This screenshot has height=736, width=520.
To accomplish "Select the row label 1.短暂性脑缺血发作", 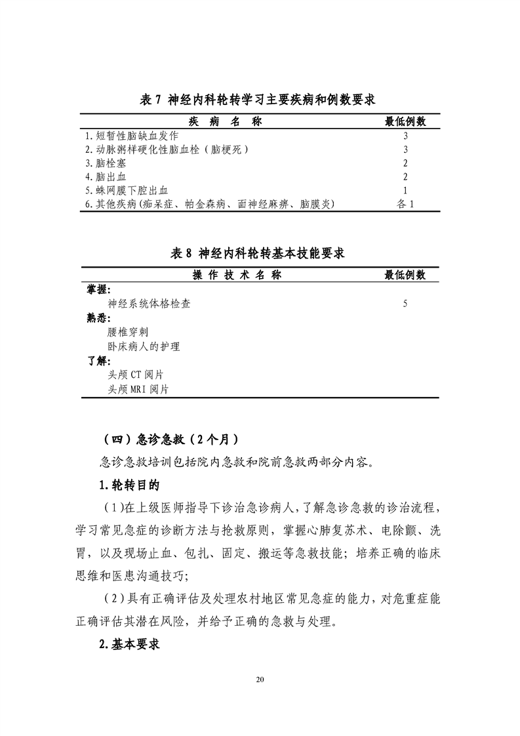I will (132, 136).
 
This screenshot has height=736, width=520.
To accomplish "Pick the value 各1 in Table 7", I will (406, 204).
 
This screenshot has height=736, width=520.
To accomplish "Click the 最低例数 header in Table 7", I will (405, 121).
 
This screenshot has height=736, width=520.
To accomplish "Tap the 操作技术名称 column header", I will (236, 275).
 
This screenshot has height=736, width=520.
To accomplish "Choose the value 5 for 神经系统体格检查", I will (405, 304).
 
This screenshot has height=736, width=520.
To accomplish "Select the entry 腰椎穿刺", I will (128, 333).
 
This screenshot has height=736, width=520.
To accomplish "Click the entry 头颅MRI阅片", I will (138, 389).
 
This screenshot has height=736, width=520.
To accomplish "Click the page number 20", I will (260, 697).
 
